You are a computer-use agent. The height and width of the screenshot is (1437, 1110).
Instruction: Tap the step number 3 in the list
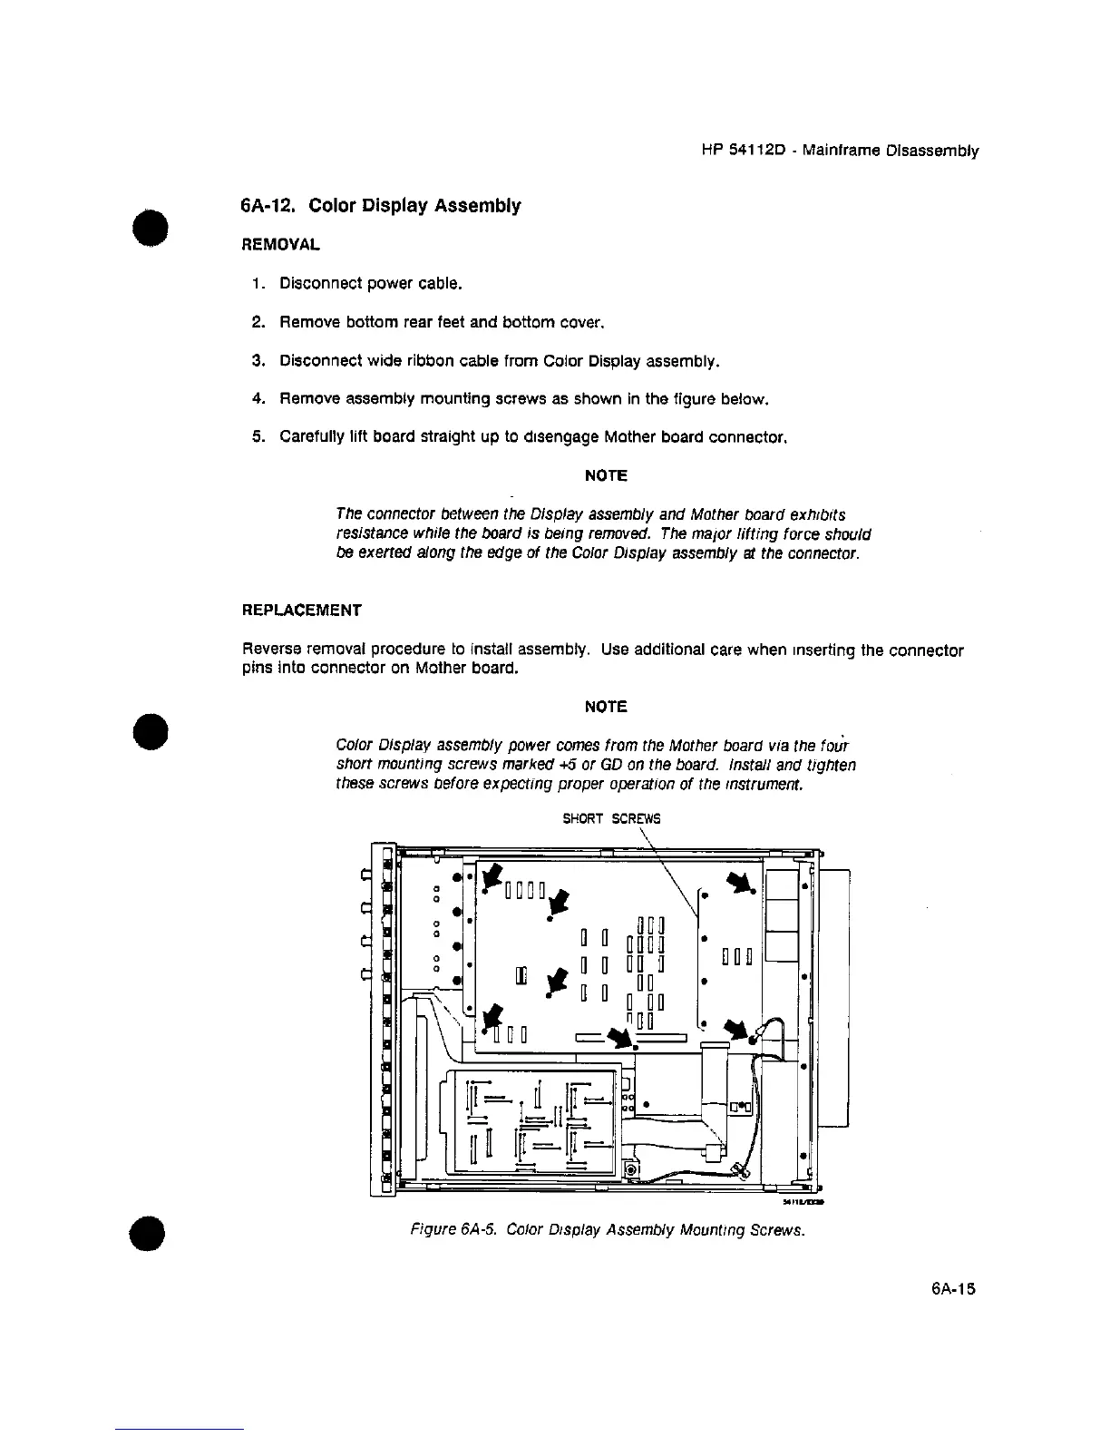257,361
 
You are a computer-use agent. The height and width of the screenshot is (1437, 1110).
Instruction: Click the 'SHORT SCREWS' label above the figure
612,818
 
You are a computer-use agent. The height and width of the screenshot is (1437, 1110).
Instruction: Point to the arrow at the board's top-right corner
741,881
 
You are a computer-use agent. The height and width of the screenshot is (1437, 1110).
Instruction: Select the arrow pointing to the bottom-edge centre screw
623,1037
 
